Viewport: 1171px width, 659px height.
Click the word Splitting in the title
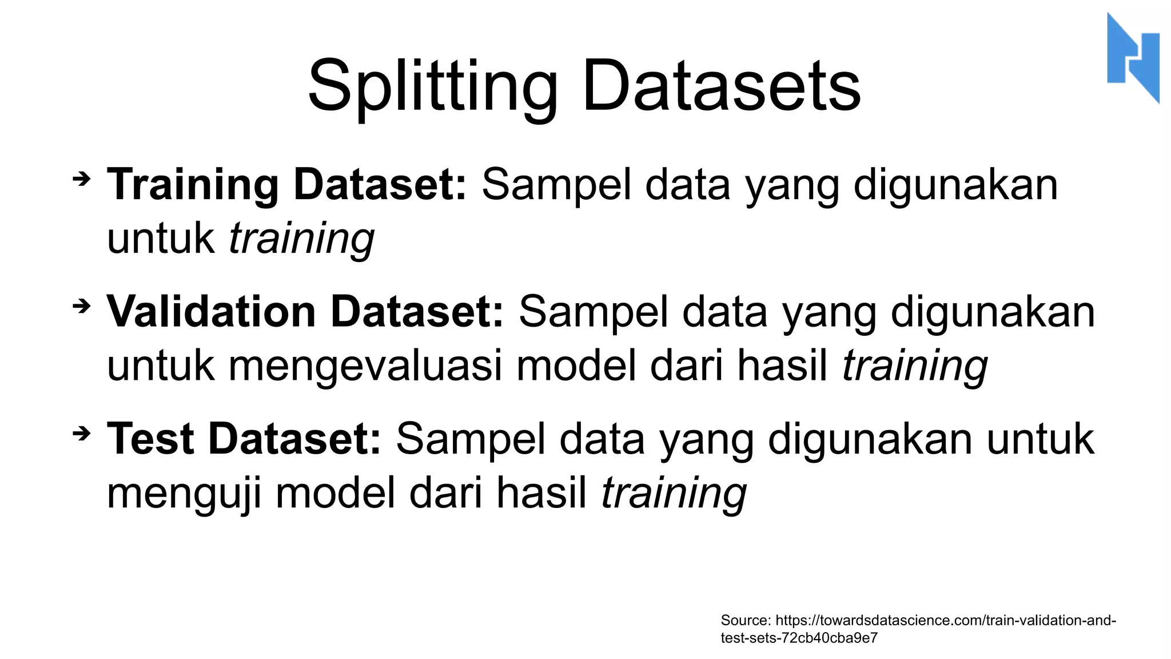pos(432,87)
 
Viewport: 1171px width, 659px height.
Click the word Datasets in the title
pos(721,87)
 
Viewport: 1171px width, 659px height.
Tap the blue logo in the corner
pos(1133,58)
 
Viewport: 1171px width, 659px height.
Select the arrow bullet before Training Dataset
pos(82,179)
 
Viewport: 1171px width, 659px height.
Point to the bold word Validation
pos(211,312)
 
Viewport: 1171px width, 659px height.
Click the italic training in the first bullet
pos(301,239)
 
